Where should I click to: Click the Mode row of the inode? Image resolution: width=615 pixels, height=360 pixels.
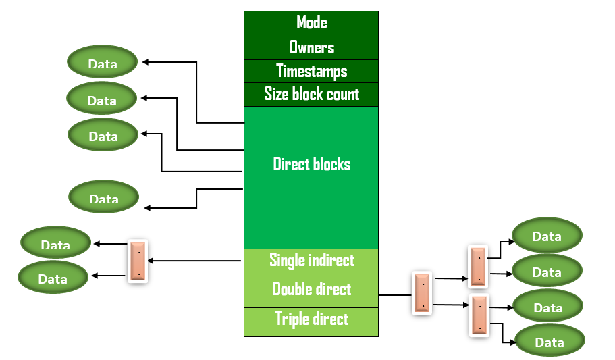311,23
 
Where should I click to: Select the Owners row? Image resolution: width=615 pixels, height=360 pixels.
311,47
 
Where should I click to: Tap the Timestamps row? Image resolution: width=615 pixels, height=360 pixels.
311,72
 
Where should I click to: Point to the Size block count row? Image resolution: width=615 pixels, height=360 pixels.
311,95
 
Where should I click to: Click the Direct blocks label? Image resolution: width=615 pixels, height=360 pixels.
311,164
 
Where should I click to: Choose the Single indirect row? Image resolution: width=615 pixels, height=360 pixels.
311,260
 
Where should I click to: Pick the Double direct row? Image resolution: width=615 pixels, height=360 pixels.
311,290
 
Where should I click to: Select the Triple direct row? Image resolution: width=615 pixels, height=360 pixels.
311,319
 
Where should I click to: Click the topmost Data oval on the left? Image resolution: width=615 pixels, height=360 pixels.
103,63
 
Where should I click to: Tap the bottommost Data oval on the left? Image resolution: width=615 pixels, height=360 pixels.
53,278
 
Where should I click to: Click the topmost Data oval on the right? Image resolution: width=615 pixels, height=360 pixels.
547,236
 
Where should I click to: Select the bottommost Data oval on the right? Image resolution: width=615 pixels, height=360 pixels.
550,342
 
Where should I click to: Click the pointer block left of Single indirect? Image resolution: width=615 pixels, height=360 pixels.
138,261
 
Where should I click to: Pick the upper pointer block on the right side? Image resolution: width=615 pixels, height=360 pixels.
478,266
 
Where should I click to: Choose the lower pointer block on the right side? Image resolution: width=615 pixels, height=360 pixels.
479,315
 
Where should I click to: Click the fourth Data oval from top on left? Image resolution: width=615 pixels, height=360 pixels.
104,199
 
